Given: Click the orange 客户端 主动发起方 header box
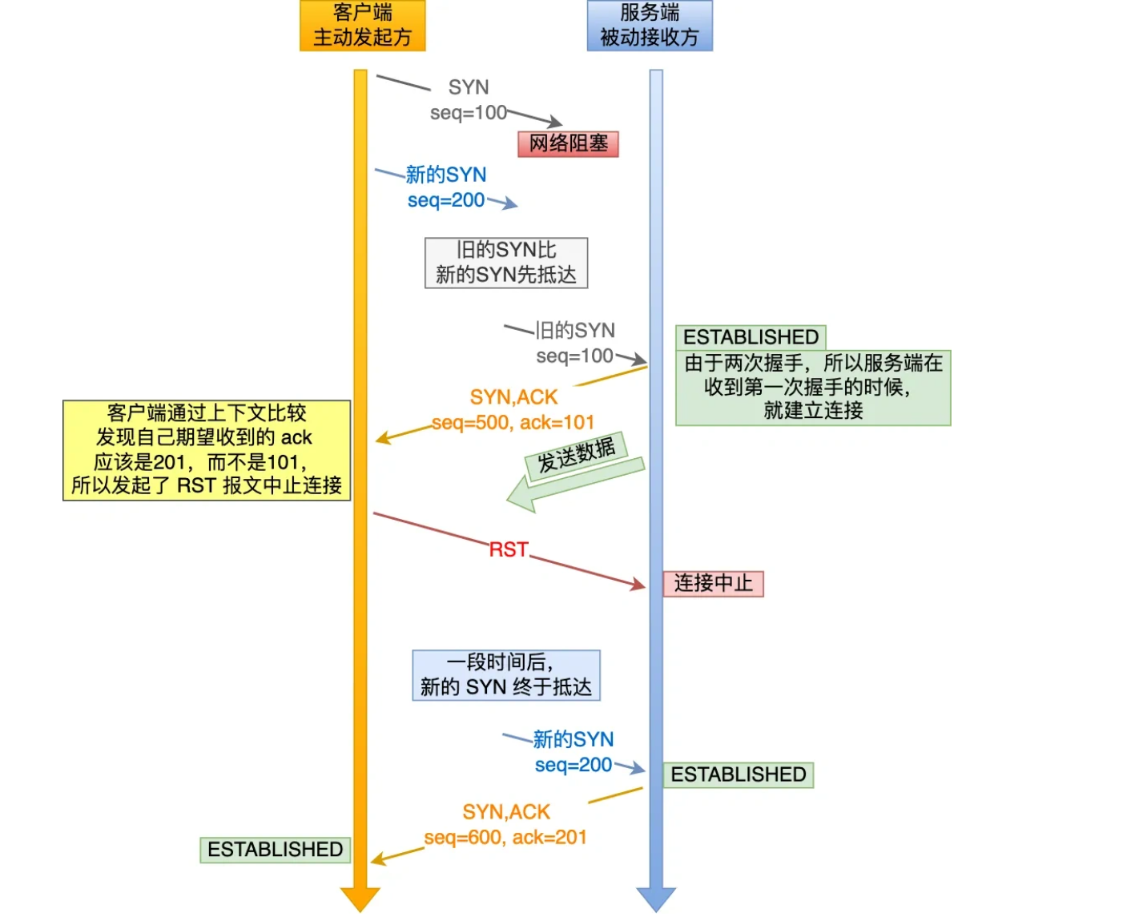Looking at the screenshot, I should tap(362, 26).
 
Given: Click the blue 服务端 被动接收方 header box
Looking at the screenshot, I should tap(650, 26).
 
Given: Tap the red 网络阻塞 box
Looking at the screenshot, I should tap(568, 143).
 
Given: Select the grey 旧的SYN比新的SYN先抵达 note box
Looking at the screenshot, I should tap(505, 263).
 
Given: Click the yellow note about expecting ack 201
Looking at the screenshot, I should tap(207, 450).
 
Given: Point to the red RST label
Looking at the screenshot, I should tap(509, 549).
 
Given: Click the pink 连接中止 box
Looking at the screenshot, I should tap(713, 583).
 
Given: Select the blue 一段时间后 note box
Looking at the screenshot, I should tap(505, 675).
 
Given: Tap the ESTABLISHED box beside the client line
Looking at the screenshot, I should tap(275, 849).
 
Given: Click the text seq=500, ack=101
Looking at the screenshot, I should tap(513, 422).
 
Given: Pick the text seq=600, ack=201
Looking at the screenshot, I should tap(505, 837).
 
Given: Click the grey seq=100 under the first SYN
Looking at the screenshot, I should tap(469, 113).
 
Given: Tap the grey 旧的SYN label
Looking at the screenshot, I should tap(575, 330).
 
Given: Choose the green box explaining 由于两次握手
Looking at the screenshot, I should tap(813, 388).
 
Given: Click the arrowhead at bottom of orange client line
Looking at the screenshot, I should tap(360, 899).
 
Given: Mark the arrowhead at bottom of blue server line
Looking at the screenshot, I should tap(656, 899).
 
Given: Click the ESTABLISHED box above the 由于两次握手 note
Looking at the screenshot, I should tap(751, 336).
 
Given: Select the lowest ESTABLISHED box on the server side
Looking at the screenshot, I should tap(738, 774).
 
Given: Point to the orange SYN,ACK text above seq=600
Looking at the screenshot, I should tap(506, 812).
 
